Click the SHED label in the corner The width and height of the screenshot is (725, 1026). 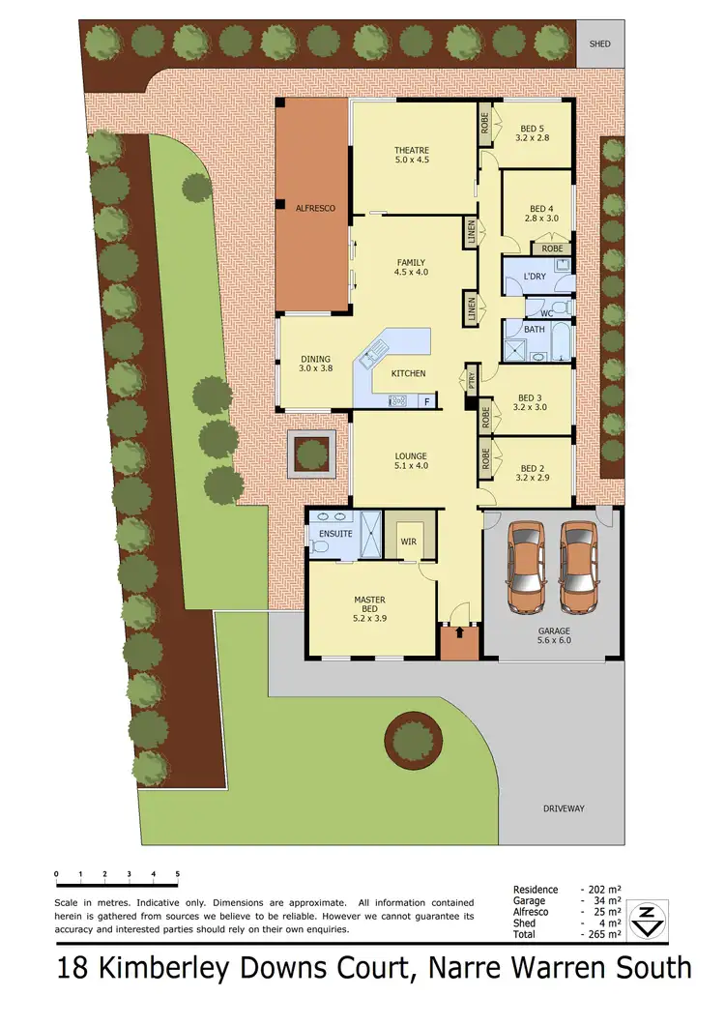click(x=601, y=44)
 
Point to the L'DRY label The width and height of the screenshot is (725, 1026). click(x=535, y=278)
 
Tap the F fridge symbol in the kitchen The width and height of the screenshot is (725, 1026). click(x=426, y=399)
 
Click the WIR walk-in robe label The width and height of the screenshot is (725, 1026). click(x=408, y=542)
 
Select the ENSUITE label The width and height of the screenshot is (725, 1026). click(x=330, y=533)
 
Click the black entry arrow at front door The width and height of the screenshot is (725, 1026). click(x=459, y=633)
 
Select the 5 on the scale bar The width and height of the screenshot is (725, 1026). click(x=178, y=874)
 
